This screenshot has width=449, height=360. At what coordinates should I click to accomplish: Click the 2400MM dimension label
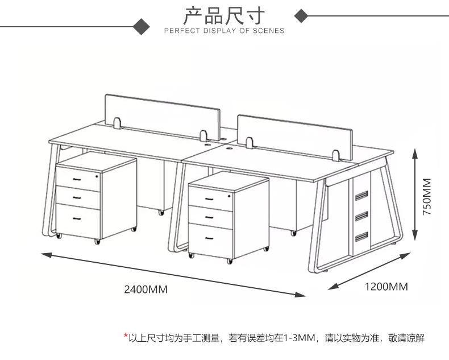pyautogui.click(x=146, y=289)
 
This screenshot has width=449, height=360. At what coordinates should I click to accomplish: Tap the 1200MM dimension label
pyautogui.click(x=386, y=287)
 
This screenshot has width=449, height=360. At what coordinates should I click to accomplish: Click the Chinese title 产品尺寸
pyautogui.click(x=224, y=16)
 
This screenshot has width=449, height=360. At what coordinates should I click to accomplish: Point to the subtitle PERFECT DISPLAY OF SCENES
pyautogui.click(x=224, y=31)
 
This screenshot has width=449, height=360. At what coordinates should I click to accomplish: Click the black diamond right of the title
pyautogui.click(x=302, y=16)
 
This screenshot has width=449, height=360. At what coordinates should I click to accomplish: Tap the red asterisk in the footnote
pyautogui.click(x=126, y=337)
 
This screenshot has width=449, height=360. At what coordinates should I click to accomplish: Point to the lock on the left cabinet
pyautogui.click(x=98, y=177)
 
